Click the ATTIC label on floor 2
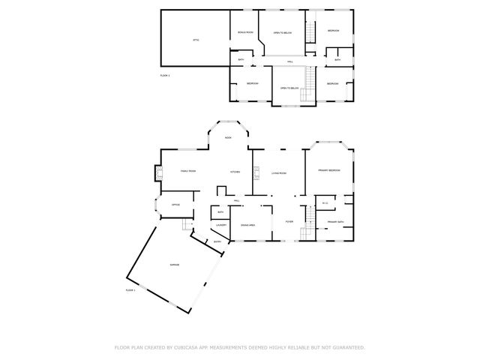(196, 39)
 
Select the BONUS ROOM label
(244, 32)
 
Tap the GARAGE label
(174, 265)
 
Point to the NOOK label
(228, 138)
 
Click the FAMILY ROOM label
(187, 172)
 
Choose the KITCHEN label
(235, 172)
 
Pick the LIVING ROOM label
(279, 173)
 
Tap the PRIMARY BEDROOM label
(328, 171)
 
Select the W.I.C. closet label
(325, 203)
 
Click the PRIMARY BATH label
(334, 222)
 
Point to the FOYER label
(289, 223)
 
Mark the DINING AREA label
(248, 225)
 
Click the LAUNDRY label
(221, 225)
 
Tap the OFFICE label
(175, 205)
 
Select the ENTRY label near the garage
(217, 241)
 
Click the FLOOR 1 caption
(130, 289)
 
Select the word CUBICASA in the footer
(187, 347)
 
